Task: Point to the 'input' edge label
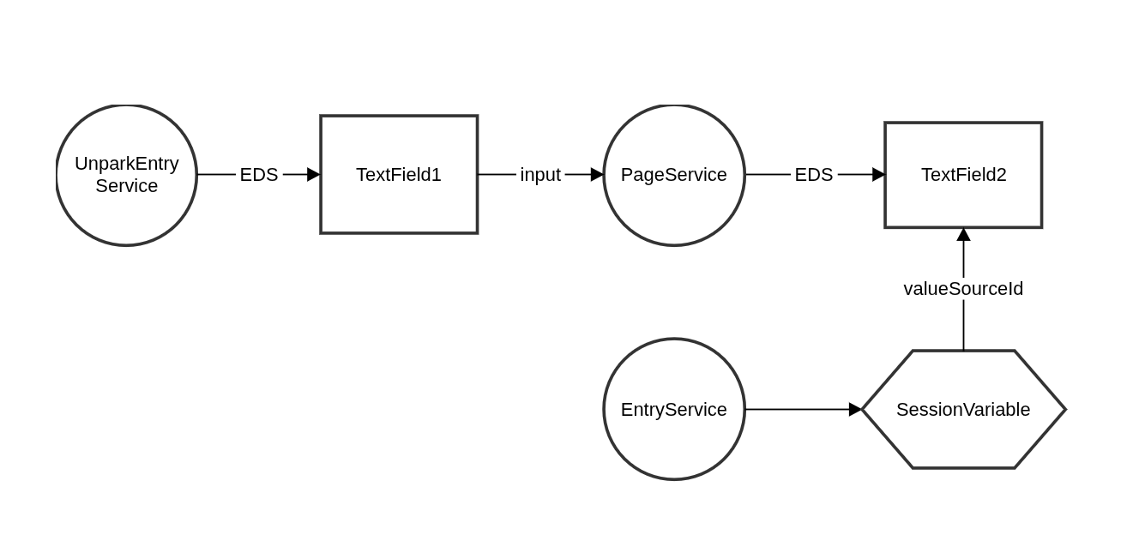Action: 540,175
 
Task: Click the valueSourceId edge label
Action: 963,289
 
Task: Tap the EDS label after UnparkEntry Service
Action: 259,175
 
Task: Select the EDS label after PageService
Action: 814,175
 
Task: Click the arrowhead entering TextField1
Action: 313,175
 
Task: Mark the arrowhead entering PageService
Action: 597,175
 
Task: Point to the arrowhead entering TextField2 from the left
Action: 878,175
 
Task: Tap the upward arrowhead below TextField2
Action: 963,235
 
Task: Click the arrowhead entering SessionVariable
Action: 855,409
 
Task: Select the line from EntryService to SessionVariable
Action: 803,409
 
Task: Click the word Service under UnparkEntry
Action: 126,185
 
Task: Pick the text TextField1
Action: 399,175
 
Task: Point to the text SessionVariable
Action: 963,409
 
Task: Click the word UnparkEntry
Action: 126,164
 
